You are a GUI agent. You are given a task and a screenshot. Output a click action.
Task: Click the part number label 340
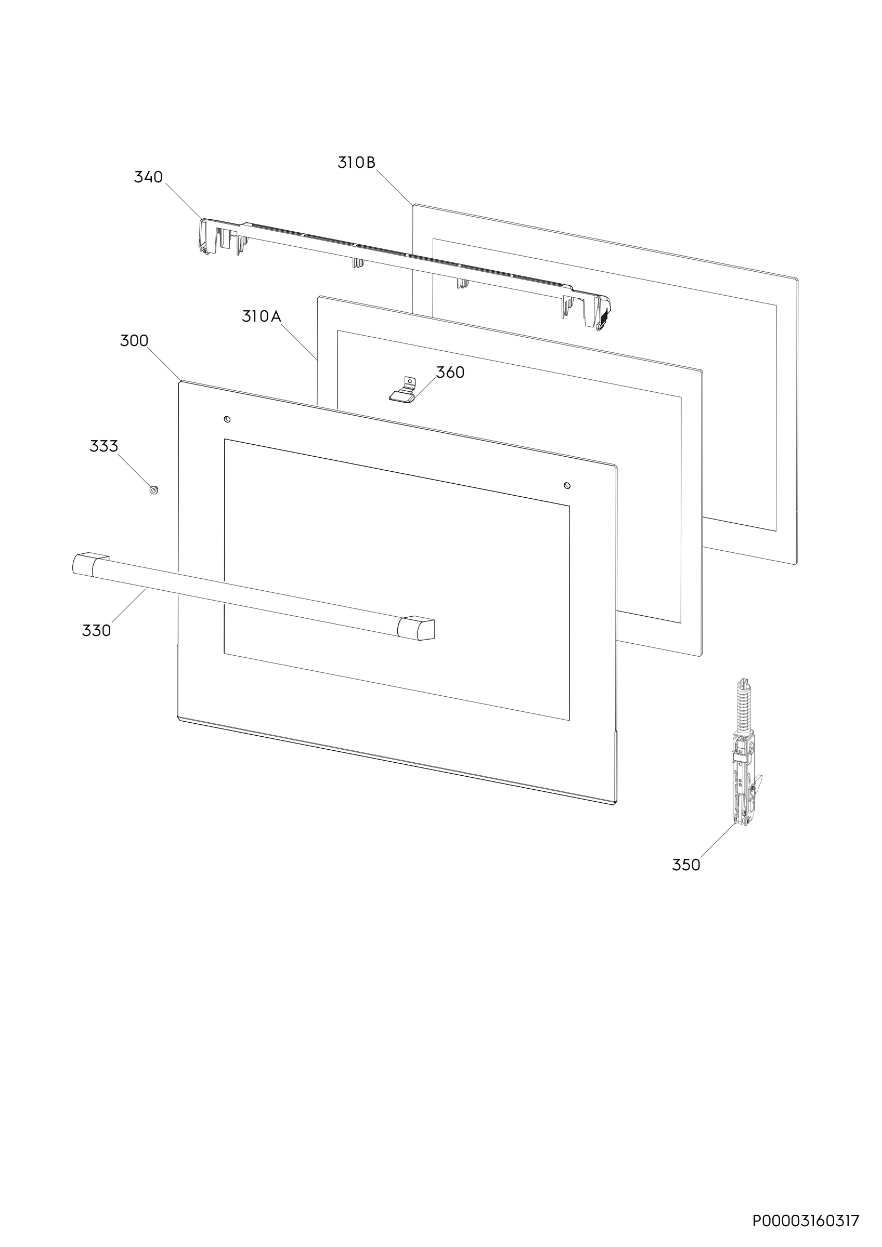tap(148, 177)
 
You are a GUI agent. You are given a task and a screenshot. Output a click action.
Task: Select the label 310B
tap(357, 163)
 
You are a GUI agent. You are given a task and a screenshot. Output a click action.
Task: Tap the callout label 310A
tap(262, 316)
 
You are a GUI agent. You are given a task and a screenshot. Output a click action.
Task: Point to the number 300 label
tap(134, 341)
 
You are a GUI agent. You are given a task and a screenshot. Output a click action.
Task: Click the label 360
tap(450, 373)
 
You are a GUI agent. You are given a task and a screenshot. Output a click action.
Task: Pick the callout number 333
tap(104, 446)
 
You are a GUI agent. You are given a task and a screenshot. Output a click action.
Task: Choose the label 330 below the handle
tap(96, 631)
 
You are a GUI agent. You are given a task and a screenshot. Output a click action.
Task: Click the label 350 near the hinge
tap(686, 865)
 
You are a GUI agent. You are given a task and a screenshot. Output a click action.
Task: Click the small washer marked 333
tap(154, 490)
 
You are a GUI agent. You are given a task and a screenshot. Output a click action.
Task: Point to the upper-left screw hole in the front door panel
tap(227, 419)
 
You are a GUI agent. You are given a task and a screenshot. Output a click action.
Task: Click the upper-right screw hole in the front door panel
tap(567, 485)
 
